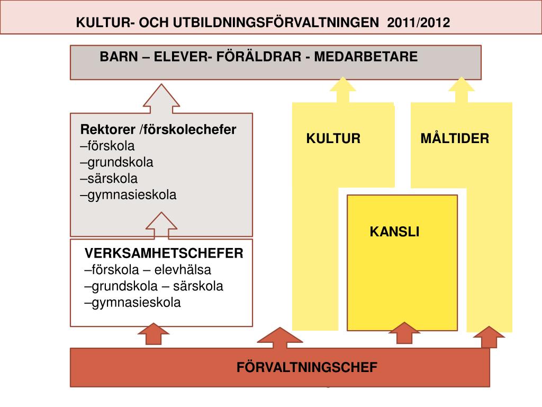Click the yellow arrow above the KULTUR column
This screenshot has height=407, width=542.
coord(342,91)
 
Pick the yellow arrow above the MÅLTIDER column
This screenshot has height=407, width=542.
coord(461,91)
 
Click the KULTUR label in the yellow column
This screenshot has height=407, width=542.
coord(333,139)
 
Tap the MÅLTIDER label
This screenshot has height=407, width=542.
coord(455,139)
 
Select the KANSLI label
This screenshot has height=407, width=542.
coord(394,232)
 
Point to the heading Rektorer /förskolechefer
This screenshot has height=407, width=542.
coord(158,130)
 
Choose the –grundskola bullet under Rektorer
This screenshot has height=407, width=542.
coord(117,162)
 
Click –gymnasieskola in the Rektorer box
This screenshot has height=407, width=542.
coord(129,195)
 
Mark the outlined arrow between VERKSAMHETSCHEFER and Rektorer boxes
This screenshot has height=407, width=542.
coord(161,226)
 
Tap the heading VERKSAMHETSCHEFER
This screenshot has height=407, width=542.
coord(164,253)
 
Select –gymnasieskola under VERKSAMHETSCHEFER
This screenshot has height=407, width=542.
coord(133,303)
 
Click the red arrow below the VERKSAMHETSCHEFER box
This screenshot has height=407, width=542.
coord(153,335)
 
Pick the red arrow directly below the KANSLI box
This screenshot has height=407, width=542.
coord(404,334)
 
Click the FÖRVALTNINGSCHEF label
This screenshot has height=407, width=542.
coord(307,367)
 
